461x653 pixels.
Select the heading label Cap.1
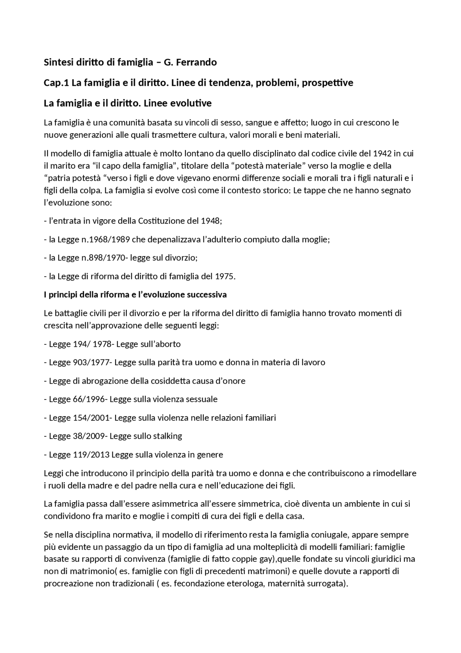tap(56, 83)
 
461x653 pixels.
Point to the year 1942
tap(382, 154)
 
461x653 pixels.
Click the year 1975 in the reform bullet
tap(225, 277)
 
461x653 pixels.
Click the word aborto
tap(167, 344)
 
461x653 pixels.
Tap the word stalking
tap(167, 436)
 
